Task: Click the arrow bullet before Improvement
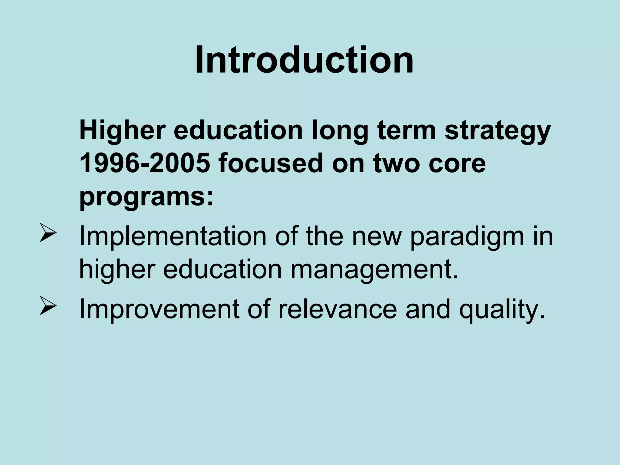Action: (x=48, y=309)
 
